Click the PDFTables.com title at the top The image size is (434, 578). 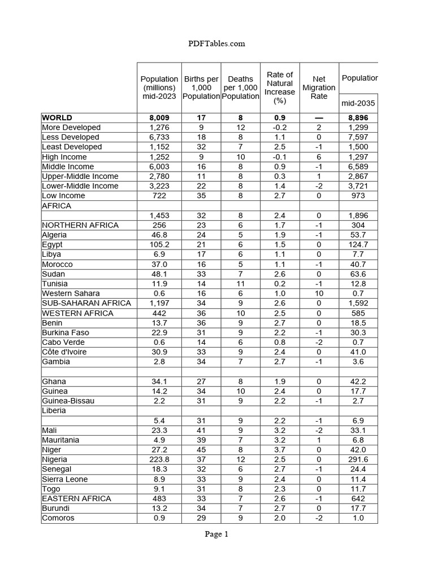point(217,43)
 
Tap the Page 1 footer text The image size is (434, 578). point(217,535)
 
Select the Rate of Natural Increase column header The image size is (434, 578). point(280,87)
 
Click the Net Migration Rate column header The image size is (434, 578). point(319,87)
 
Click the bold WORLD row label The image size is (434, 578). point(57,117)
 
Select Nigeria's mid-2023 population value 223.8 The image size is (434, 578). point(159,459)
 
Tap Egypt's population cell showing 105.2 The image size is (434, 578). point(159,244)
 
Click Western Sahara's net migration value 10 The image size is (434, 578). point(319,293)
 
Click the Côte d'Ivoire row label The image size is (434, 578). point(64,352)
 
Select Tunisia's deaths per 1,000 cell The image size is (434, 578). point(241,283)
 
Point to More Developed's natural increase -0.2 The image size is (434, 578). point(280,128)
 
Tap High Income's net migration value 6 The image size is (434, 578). point(319,157)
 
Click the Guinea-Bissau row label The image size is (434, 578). point(68,401)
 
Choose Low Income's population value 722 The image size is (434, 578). point(159,196)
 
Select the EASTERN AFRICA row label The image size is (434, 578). point(77,498)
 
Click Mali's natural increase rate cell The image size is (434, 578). point(280,430)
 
